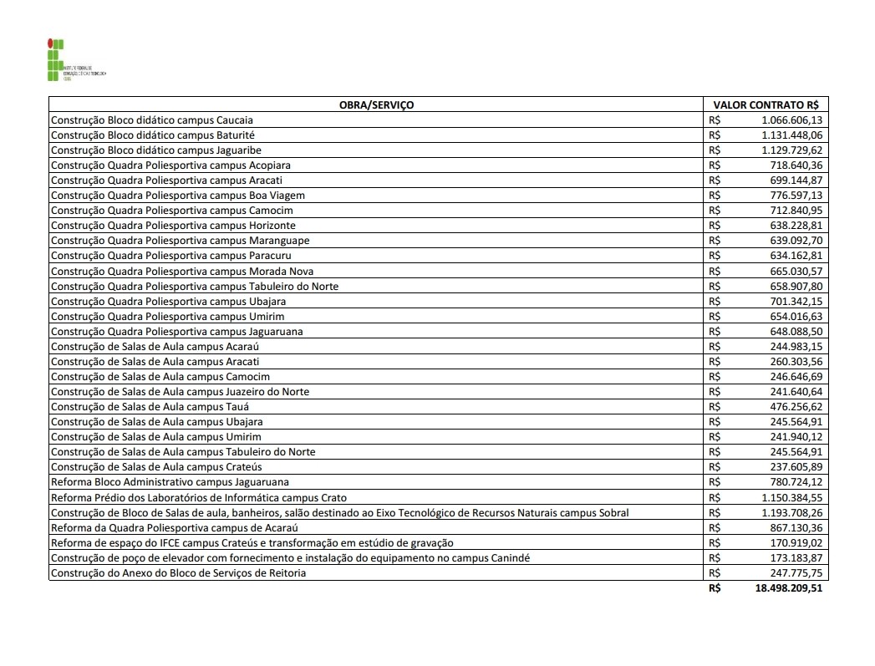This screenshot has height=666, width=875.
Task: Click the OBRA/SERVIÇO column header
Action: tap(376, 105)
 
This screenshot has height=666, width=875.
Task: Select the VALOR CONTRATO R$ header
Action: tap(765, 105)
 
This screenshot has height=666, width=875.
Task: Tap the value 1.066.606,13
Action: tap(791, 120)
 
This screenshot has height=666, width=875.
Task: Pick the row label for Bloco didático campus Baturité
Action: tap(153, 135)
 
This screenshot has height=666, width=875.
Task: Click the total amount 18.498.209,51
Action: tap(788, 588)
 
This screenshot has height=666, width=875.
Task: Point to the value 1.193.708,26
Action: tap(791, 512)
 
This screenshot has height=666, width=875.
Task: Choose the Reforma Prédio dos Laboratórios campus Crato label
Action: tap(199, 497)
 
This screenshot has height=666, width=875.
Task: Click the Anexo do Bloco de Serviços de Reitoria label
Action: tap(178, 573)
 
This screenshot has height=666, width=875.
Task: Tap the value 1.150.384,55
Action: tap(791, 497)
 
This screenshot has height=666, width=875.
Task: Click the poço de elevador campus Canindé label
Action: tap(290, 557)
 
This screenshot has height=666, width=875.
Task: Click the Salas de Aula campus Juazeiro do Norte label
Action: tap(180, 392)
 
